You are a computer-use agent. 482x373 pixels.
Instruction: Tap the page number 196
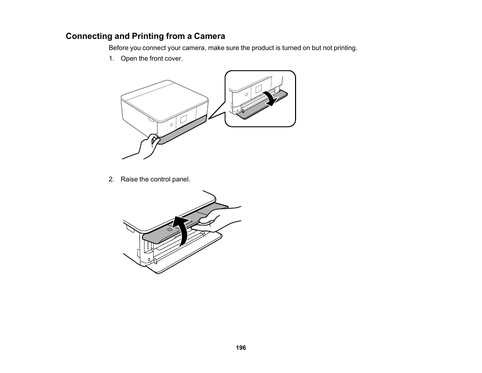point(241,348)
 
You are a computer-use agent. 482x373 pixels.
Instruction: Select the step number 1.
point(111,59)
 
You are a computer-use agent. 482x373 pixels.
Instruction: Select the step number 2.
point(111,179)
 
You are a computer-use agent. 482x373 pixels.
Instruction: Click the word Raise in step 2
point(129,179)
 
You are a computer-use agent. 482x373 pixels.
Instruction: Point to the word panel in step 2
point(180,179)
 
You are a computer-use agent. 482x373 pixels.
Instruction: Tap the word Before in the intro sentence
point(119,48)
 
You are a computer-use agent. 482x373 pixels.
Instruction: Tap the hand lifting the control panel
point(215,223)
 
